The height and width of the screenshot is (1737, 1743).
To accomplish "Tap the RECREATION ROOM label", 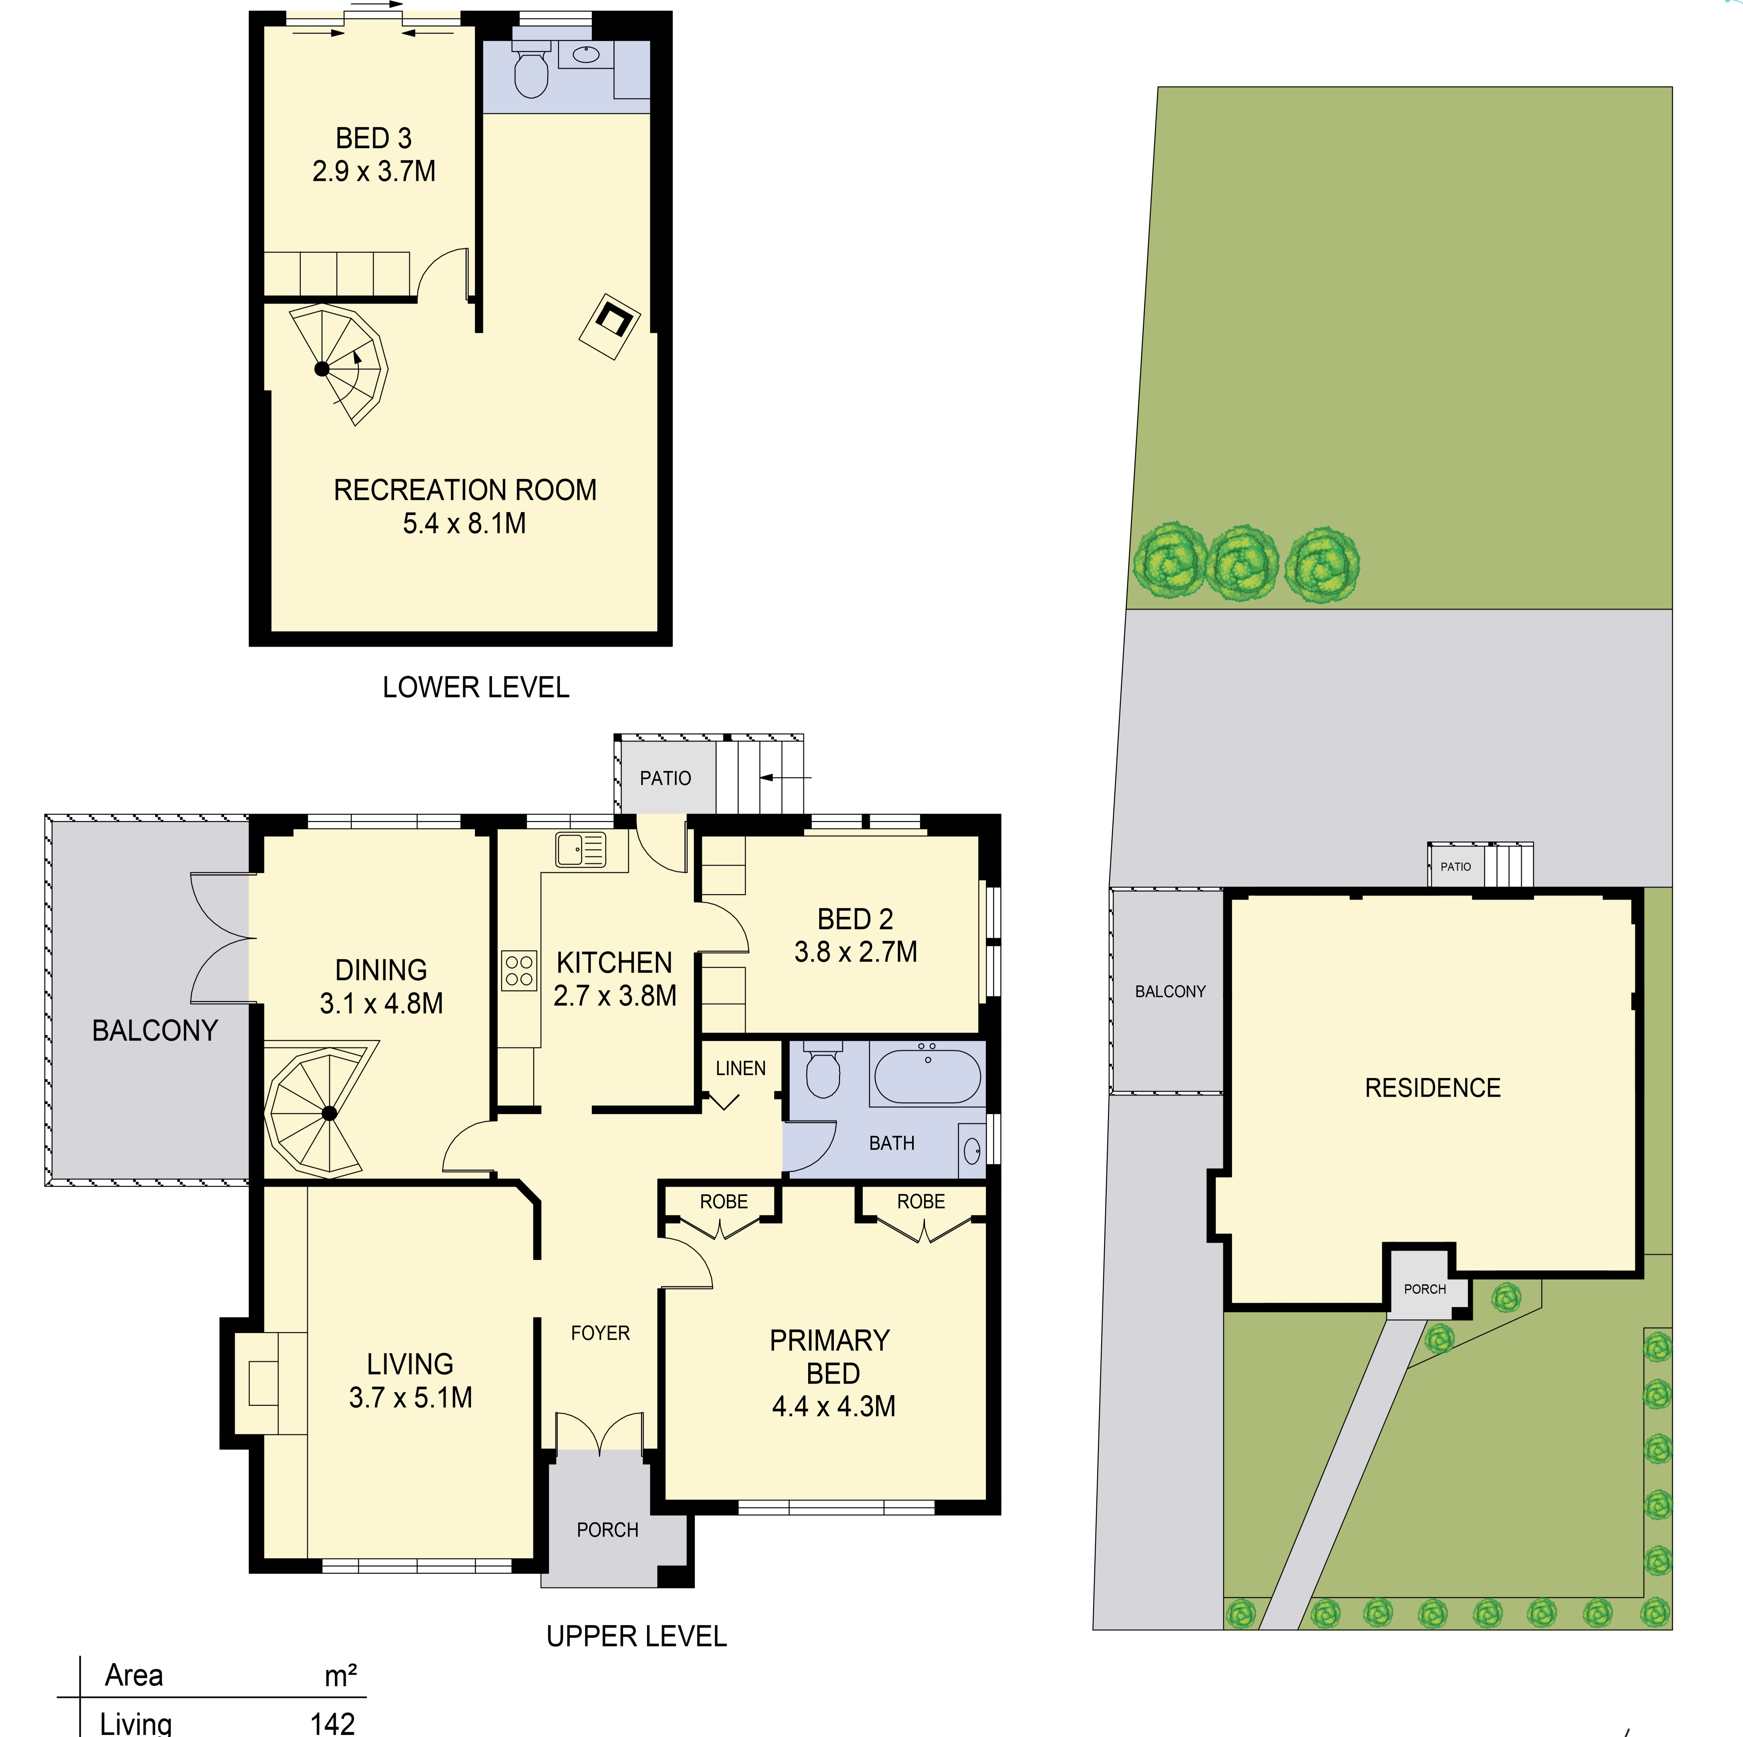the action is pyautogui.click(x=464, y=490).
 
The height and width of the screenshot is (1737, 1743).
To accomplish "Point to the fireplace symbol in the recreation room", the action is pyautogui.click(x=610, y=326).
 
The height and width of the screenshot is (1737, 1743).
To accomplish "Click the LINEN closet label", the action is pyautogui.click(x=741, y=1068).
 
